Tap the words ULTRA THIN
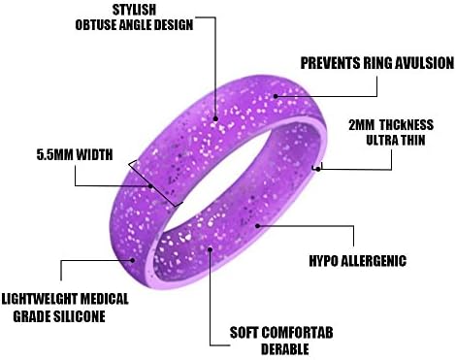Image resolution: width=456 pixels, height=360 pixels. [x=400, y=142]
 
